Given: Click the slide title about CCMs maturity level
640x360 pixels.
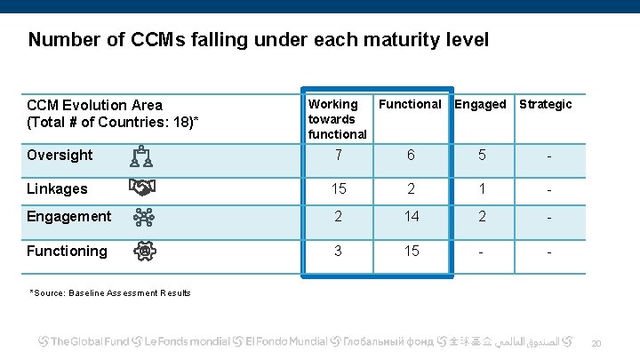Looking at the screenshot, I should (x=259, y=40).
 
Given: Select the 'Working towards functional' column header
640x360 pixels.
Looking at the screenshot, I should (x=337, y=118).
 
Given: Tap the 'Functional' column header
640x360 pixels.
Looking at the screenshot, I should (x=410, y=104).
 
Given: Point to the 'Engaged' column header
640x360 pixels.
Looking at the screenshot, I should (x=480, y=104).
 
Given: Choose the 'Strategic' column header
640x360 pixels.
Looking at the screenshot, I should (x=545, y=104).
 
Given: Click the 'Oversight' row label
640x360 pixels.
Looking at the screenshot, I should (x=60, y=155).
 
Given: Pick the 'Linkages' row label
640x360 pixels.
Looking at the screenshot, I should (x=57, y=188).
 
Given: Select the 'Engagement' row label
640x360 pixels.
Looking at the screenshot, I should (x=68, y=216).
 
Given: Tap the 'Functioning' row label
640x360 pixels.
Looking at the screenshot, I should (x=67, y=251).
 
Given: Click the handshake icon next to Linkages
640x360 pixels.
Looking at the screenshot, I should (x=142, y=188).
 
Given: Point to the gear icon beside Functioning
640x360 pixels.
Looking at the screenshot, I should (x=142, y=251).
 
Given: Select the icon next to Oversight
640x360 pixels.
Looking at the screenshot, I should (x=142, y=156).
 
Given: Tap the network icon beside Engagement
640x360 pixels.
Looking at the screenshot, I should (x=142, y=217).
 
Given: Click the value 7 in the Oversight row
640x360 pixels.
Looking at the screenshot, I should (x=338, y=155).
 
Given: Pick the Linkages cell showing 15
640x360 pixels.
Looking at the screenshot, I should (x=338, y=188).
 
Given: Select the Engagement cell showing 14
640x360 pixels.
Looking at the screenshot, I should (x=410, y=216).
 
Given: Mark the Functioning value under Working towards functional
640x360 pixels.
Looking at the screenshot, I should (x=338, y=251).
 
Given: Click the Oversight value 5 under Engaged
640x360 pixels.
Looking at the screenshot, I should (x=481, y=155).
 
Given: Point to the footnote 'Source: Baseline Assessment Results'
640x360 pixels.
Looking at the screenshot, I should (x=110, y=292).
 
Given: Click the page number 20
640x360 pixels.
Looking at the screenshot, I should (x=596, y=343).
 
